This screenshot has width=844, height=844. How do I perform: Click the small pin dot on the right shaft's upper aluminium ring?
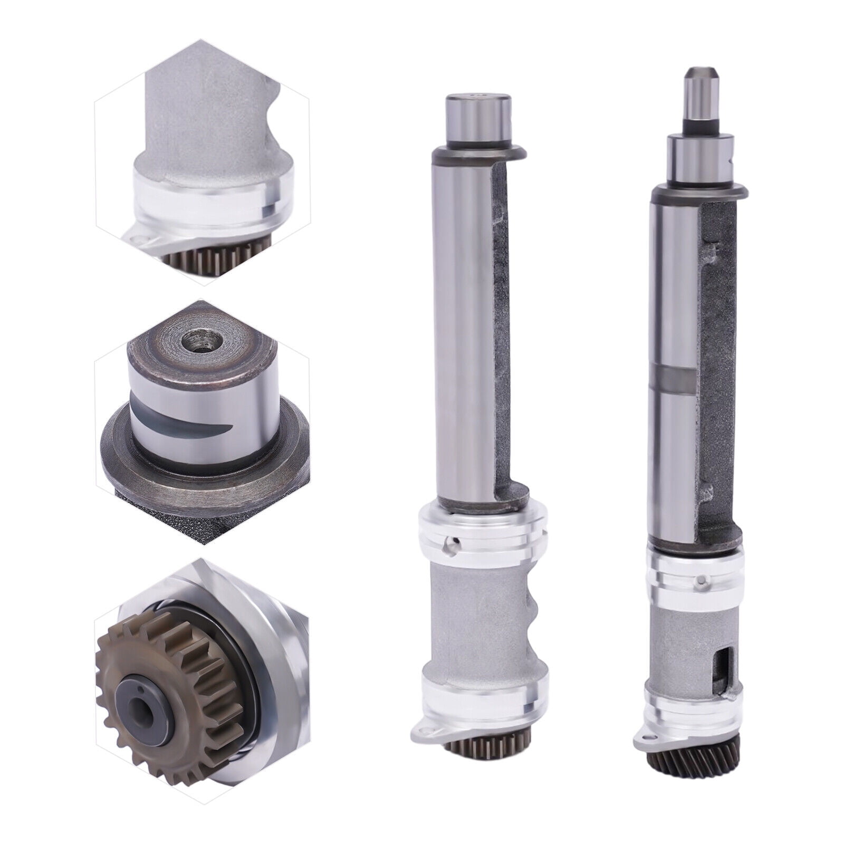tap(701, 581)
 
